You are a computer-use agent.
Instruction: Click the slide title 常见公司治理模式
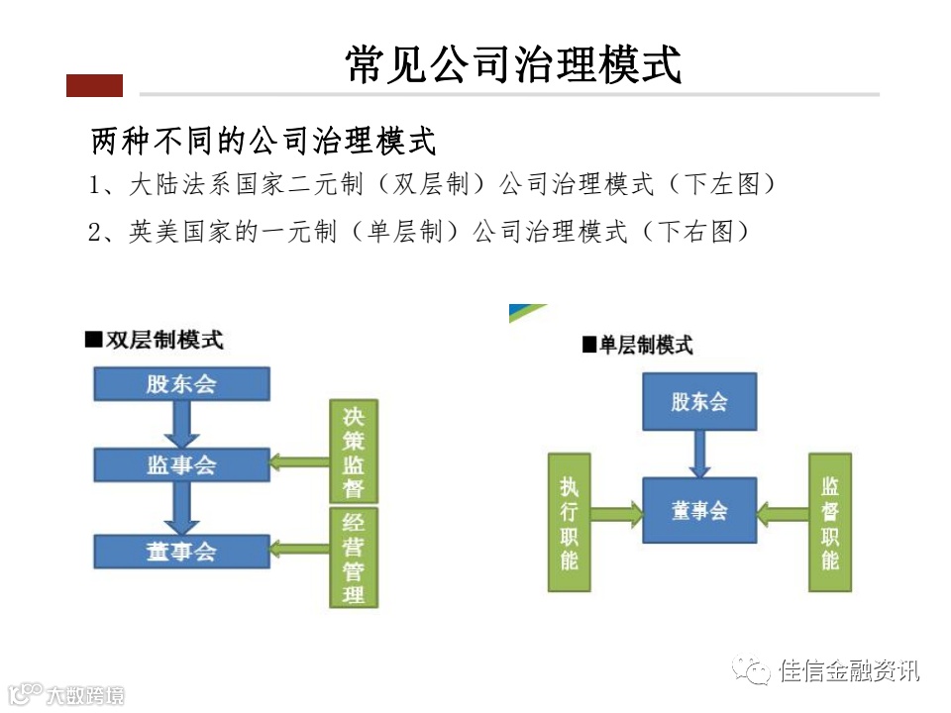[514, 65]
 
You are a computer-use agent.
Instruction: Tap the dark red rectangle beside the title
[94, 86]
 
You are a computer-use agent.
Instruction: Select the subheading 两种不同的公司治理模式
[264, 141]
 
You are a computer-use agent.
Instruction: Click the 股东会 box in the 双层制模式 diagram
[181, 383]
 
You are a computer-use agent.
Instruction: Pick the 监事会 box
[181, 464]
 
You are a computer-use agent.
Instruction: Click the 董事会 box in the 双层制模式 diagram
[181, 551]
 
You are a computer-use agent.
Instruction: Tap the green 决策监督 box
[354, 451]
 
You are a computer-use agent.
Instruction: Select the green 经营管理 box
[354, 557]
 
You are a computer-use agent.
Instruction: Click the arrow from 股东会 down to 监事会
[181, 424]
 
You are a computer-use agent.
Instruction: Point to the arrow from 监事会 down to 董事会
[181, 508]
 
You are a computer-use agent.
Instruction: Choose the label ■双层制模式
[155, 340]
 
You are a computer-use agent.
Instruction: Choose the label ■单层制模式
[638, 346]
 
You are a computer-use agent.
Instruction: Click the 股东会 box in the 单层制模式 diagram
[699, 401]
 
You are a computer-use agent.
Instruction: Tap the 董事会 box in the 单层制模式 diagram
[699, 510]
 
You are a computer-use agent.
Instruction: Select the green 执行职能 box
[570, 523]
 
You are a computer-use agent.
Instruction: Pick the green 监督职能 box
[830, 523]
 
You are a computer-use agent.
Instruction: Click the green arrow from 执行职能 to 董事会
[616, 513]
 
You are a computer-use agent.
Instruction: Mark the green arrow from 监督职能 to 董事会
[783, 513]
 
